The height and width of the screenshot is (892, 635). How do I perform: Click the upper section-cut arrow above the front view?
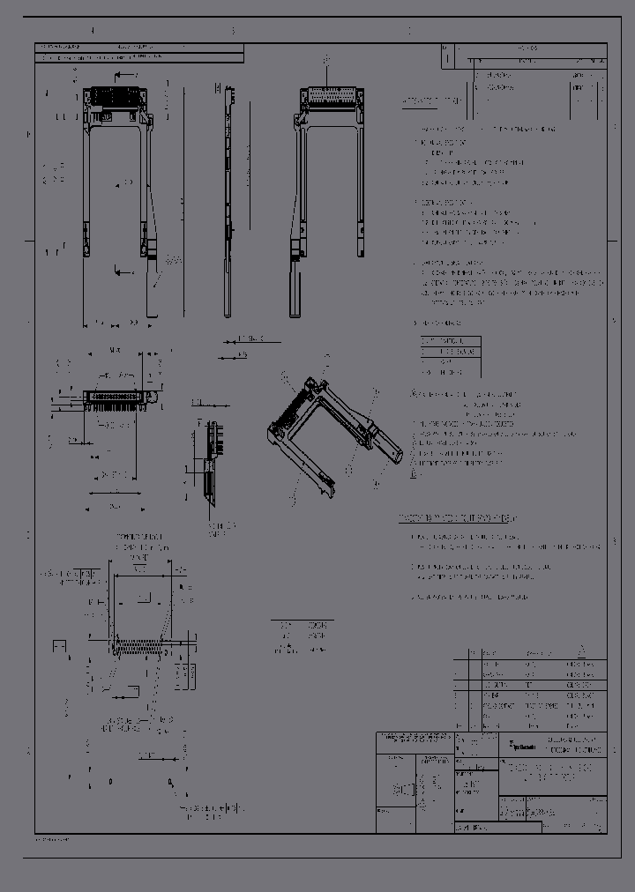click(x=125, y=76)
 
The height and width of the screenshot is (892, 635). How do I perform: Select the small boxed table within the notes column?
click(x=451, y=356)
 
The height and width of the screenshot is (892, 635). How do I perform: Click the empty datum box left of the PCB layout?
click(x=60, y=648)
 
